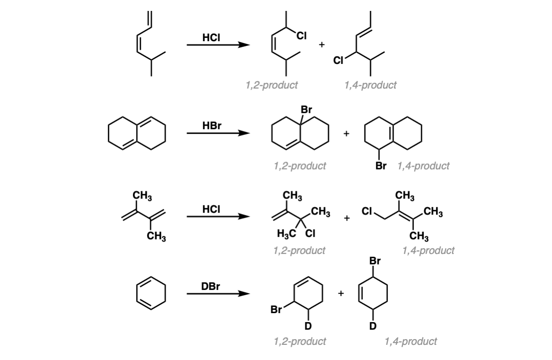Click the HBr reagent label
pos(212,126)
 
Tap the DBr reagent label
pos(211,287)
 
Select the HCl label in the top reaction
pos(211,37)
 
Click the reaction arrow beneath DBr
pos(218,293)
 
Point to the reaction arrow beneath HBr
pos(218,133)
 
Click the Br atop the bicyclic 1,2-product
pos(306,109)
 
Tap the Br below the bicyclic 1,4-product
pos(381,165)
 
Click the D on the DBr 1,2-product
pos(308,326)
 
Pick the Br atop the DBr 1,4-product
pos(375,261)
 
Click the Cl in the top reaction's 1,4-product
pos(338,61)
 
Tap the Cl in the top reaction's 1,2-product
pos(302,36)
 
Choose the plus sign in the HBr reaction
pos(347,134)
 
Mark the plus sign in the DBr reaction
pos(341,293)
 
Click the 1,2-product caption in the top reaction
pos(271,85)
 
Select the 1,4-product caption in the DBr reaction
pos(411,341)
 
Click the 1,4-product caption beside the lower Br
pos(424,166)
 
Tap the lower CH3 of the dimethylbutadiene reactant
pos(156,236)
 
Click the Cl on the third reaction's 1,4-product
pos(367,211)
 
